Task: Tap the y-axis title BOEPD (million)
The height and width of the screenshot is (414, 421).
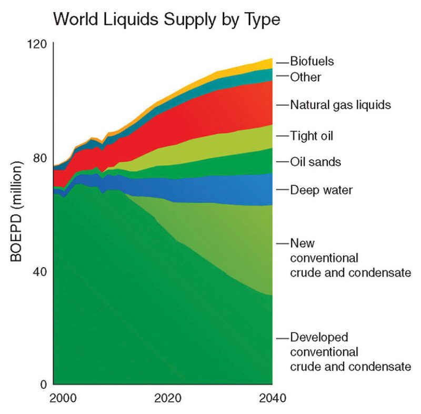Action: point(17,212)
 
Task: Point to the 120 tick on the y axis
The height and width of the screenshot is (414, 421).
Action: point(39,44)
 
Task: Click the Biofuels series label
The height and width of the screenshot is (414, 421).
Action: point(312,62)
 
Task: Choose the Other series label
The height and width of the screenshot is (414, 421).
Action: point(305,77)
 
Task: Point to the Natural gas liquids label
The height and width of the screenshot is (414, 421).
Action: point(340,105)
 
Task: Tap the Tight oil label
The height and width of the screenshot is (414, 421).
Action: point(312,136)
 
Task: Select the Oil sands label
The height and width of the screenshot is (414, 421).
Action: point(315,162)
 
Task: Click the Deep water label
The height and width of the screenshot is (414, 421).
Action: point(321,189)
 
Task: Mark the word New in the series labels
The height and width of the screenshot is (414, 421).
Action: point(302,244)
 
